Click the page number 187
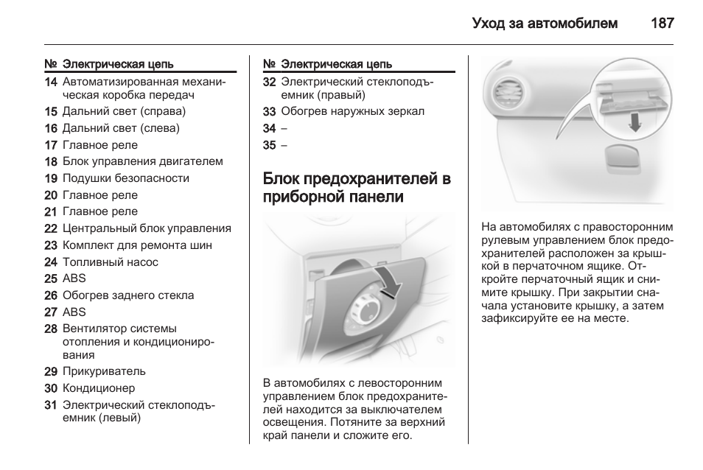(x=662, y=24)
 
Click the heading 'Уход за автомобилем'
(x=545, y=24)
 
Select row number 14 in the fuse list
(x=51, y=83)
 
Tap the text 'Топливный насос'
(x=111, y=262)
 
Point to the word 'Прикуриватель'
(x=104, y=371)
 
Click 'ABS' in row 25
(x=74, y=278)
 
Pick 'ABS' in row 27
(x=74, y=312)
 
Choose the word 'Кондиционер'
(x=99, y=388)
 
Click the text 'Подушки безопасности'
(x=126, y=178)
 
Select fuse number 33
(x=269, y=111)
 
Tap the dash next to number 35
(x=284, y=145)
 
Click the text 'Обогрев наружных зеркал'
(x=352, y=111)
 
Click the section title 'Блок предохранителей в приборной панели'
(x=357, y=187)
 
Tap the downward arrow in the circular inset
(x=635, y=122)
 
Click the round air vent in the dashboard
(x=506, y=92)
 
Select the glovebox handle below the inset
(x=623, y=158)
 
